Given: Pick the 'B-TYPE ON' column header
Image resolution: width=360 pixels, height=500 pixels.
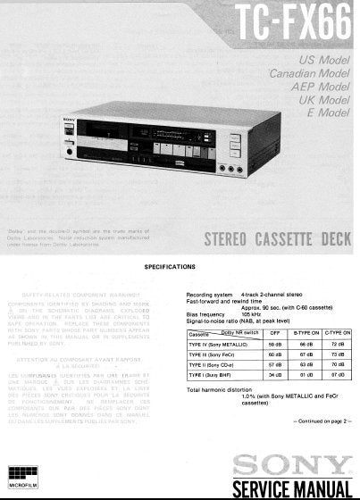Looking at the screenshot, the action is (x=306, y=332).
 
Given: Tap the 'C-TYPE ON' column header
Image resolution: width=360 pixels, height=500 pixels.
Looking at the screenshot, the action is (x=338, y=332).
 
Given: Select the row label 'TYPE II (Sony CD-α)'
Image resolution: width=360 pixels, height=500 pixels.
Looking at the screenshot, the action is (x=212, y=364).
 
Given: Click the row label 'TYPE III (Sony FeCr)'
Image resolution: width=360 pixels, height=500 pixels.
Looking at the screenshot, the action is (x=213, y=354).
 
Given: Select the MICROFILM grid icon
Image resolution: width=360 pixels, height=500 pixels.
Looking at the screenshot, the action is (x=23, y=473).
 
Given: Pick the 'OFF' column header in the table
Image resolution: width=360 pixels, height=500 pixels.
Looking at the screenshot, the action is (x=275, y=332).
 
